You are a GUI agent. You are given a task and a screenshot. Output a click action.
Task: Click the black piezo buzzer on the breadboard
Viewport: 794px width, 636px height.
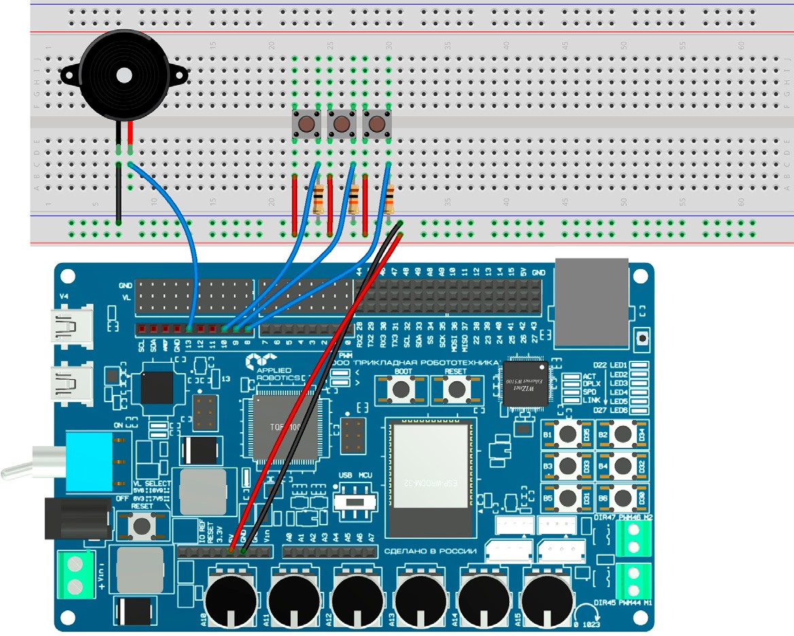point(122,73)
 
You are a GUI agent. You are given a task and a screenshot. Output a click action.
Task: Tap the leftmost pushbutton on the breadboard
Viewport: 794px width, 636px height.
point(307,124)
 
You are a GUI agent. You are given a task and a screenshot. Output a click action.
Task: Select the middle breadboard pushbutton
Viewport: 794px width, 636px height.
point(342,124)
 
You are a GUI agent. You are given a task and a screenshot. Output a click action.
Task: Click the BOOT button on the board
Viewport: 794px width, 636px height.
point(402,389)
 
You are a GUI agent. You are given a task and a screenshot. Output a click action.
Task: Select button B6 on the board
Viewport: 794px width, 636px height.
point(620,496)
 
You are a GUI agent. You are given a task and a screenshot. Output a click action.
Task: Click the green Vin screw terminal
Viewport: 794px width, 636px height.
point(76,576)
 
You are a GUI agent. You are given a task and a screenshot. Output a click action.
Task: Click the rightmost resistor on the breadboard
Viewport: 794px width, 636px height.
point(390,200)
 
